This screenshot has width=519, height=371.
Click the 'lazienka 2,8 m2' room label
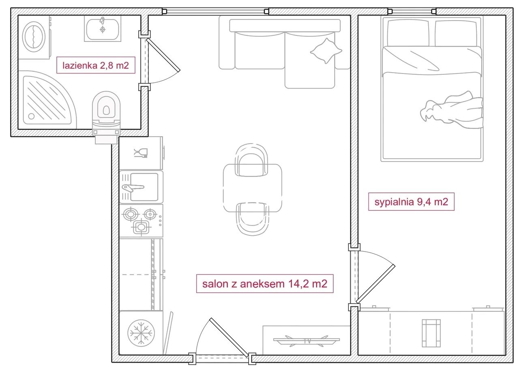click(96, 65)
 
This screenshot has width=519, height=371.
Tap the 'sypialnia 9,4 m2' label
click(411, 202)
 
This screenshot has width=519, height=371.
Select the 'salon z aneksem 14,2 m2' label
click(265, 284)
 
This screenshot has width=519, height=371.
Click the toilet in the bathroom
click(106, 116)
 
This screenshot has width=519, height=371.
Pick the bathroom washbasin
click(103, 29)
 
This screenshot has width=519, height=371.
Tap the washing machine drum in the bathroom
click(34, 37)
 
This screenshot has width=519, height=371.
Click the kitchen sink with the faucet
click(141, 187)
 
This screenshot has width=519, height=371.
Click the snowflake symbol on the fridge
click(141, 333)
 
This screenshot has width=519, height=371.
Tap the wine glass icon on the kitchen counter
click(141, 153)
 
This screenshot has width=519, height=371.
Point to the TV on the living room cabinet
click(307, 341)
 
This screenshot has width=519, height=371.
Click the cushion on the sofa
click(326, 51)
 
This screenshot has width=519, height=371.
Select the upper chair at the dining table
click(251, 160)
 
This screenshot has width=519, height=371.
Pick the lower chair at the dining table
click(253, 219)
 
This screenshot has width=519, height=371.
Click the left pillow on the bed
click(408, 33)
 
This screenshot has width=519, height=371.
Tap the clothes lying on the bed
click(452, 110)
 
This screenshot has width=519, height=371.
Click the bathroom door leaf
click(163, 55)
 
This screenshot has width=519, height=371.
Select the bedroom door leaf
click(375, 284)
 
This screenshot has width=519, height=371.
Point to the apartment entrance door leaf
click(229, 338)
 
